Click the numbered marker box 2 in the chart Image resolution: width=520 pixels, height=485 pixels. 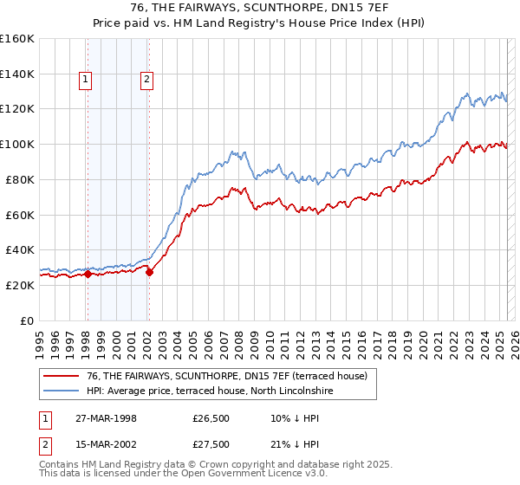pyautogui.click(x=147, y=81)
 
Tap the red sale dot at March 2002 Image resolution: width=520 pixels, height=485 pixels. pyautogui.click(x=149, y=272)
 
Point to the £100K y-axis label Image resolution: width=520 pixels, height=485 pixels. pyautogui.click(x=17, y=144)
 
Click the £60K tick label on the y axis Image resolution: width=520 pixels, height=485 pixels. pyautogui.click(x=20, y=215)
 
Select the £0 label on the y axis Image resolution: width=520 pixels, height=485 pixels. pyautogui.click(x=27, y=320)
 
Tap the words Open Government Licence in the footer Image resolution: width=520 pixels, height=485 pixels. pyautogui.click(x=253, y=475)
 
